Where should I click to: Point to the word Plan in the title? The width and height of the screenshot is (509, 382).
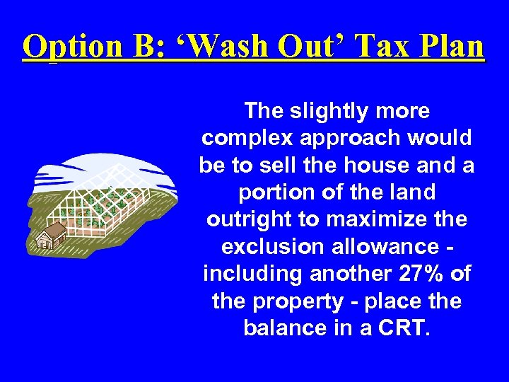coord(452,47)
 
